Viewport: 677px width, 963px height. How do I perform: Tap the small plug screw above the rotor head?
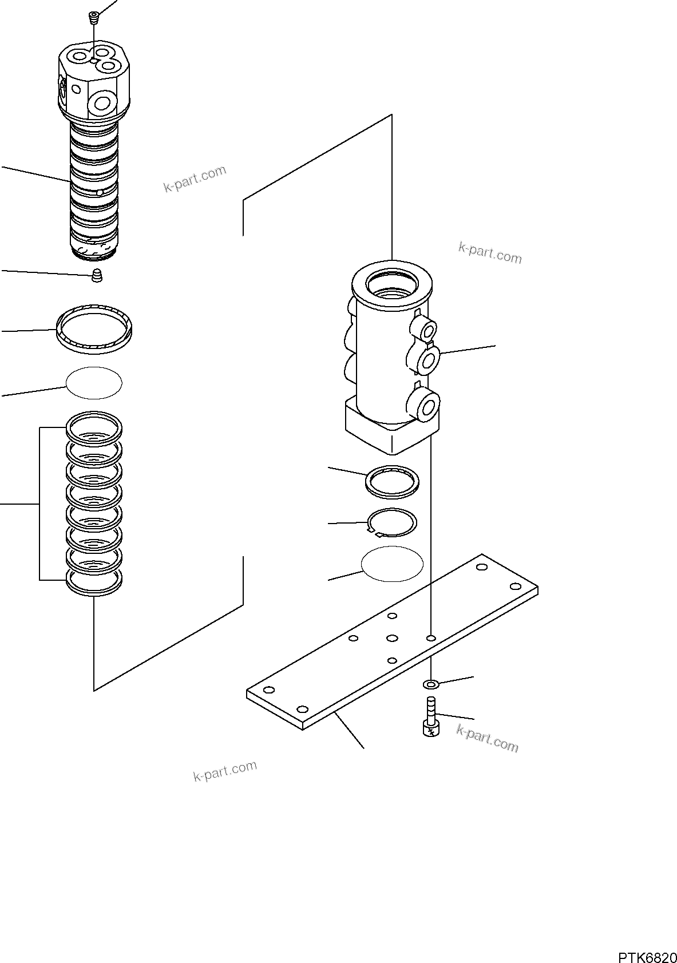(x=94, y=18)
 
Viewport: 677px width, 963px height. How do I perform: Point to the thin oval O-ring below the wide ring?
(x=94, y=382)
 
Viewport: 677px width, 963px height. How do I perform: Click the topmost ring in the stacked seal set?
(x=94, y=426)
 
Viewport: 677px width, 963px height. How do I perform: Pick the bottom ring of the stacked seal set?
(x=94, y=583)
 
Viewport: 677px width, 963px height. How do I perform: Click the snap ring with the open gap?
(x=391, y=522)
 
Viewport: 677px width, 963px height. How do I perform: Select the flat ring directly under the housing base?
(x=391, y=480)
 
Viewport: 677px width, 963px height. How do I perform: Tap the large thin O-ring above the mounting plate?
(x=392, y=564)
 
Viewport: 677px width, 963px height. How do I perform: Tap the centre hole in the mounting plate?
(x=392, y=638)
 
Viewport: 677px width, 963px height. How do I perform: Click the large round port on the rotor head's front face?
(x=103, y=104)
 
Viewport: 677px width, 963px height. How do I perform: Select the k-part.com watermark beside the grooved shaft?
(x=195, y=179)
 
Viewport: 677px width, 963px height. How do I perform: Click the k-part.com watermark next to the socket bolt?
(x=488, y=738)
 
